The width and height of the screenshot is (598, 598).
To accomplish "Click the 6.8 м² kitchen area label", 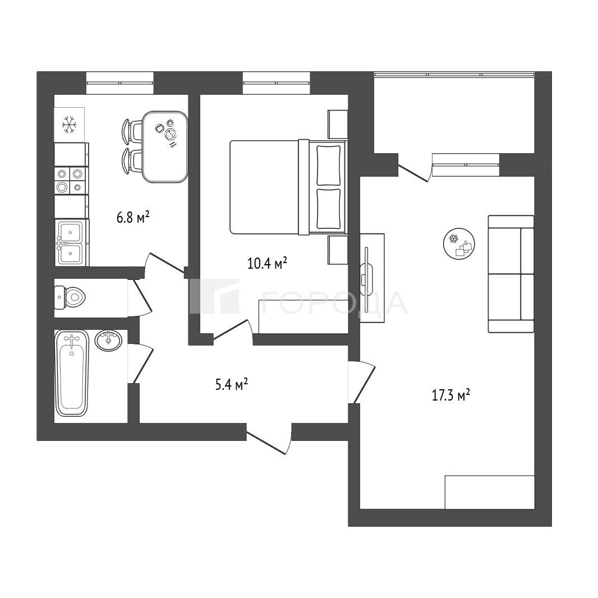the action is tap(132, 218).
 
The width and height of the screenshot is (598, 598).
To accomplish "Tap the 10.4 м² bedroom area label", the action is tap(267, 263).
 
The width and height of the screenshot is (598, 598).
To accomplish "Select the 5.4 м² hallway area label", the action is tap(232, 384).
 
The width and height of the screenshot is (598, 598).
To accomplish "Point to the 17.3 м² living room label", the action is tap(450, 395).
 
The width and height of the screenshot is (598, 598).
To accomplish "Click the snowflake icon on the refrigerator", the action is tap(70, 125).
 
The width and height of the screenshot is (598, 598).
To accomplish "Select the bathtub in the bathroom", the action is tap(72, 374).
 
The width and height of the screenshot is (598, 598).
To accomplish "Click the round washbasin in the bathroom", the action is tap(109, 340).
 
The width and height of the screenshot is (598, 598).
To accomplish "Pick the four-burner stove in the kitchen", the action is tap(71, 181).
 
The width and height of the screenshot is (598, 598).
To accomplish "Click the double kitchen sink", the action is tap(71, 242).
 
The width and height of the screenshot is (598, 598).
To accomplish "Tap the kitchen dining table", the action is tap(165, 147).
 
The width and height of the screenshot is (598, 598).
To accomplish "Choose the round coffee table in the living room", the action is tap(459, 243).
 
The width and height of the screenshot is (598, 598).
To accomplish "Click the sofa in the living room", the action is tap(511, 274).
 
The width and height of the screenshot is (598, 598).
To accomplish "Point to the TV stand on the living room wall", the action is tap(372, 278).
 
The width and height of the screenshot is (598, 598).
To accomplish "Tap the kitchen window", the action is tap(119, 83).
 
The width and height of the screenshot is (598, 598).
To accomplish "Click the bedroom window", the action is tap(276, 83).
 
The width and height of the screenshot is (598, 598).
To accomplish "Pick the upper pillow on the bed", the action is tap(328, 165).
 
